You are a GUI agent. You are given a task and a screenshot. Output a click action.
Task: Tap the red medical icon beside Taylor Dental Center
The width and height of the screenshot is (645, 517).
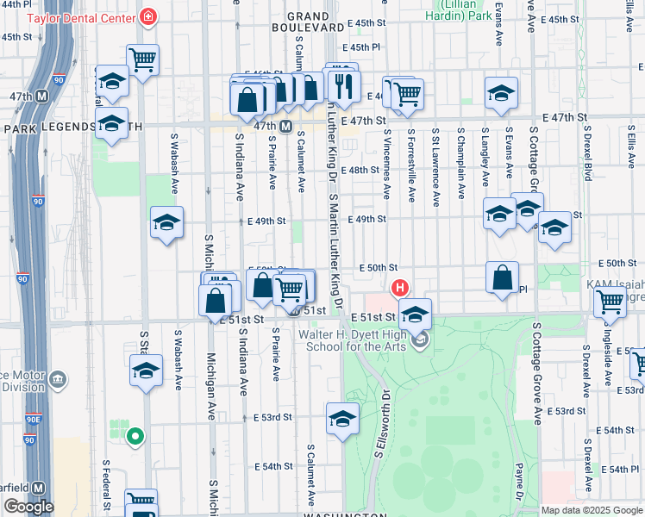tap(148, 17)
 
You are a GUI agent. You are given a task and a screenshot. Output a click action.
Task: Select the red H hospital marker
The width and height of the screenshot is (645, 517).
tap(399, 288)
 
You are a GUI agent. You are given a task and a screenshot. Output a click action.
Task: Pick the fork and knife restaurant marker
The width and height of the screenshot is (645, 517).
tap(344, 84)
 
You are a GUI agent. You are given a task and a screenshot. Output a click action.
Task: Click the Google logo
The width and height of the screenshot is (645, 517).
tap(28, 507)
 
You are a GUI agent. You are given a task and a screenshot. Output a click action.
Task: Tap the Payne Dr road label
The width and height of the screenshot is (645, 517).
tap(519, 483)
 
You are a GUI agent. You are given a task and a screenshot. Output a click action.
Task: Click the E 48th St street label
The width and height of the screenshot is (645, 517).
tap(361, 170)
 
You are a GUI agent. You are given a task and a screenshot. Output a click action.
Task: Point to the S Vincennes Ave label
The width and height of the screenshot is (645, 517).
tap(388, 159)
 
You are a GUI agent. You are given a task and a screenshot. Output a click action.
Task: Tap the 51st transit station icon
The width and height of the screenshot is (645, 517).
tap(294, 311)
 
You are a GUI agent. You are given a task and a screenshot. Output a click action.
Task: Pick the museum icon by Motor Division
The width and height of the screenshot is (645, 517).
tap(58, 378)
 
